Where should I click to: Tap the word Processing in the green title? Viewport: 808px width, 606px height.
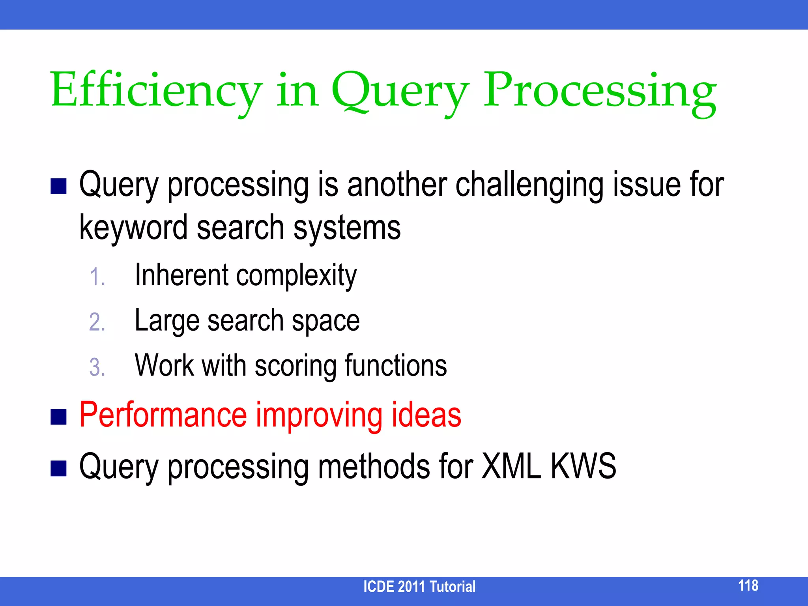[600, 92]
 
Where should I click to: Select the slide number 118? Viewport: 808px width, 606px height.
[748, 585]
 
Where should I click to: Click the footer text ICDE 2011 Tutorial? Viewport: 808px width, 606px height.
[419, 587]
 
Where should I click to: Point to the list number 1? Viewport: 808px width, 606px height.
[97, 277]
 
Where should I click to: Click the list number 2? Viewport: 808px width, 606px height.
[97, 322]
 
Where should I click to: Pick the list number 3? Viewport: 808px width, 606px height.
[97, 367]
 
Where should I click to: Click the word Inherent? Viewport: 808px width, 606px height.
[181, 275]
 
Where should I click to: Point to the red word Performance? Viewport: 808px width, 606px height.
[163, 415]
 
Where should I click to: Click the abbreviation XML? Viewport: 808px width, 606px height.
[511, 466]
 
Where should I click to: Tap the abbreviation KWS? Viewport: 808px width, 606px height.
[583, 466]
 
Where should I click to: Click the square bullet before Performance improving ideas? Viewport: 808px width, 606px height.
[58, 417]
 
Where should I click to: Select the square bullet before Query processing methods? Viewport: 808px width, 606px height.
[58, 468]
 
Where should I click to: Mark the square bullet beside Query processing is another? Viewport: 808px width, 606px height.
[58, 186]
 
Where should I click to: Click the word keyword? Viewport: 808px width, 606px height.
[133, 228]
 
